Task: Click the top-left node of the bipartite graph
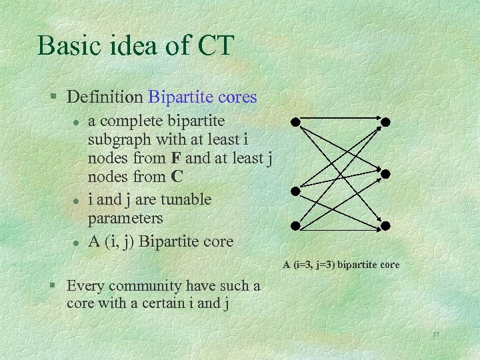[x=294, y=122]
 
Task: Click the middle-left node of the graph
[x=295, y=191]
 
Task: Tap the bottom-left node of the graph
[x=294, y=225]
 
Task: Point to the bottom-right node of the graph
[x=385, y=225]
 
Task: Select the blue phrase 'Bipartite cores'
[x=202, y=97]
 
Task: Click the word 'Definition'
[x=105, y=97]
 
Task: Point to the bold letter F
[x=175, y=159]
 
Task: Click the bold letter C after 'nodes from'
[x=177, y=177]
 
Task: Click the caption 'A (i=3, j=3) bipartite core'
[x=341, y=265]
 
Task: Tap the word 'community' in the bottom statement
[x=142, y=286]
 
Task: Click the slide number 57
[x=435, y=333]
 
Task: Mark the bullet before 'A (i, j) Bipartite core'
[x=77, y=242]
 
